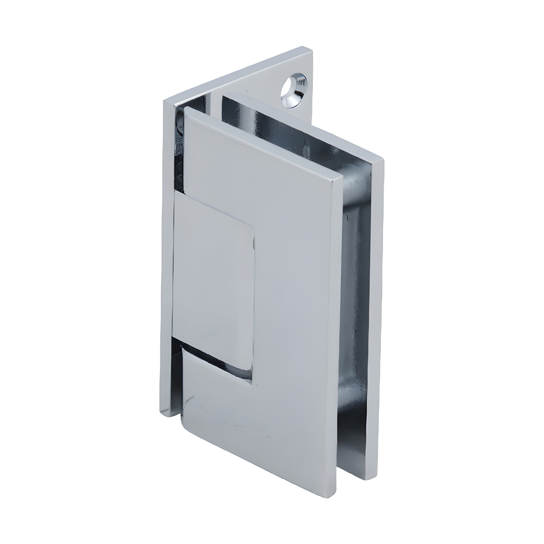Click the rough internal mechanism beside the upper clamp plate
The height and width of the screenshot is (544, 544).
point(179,149)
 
